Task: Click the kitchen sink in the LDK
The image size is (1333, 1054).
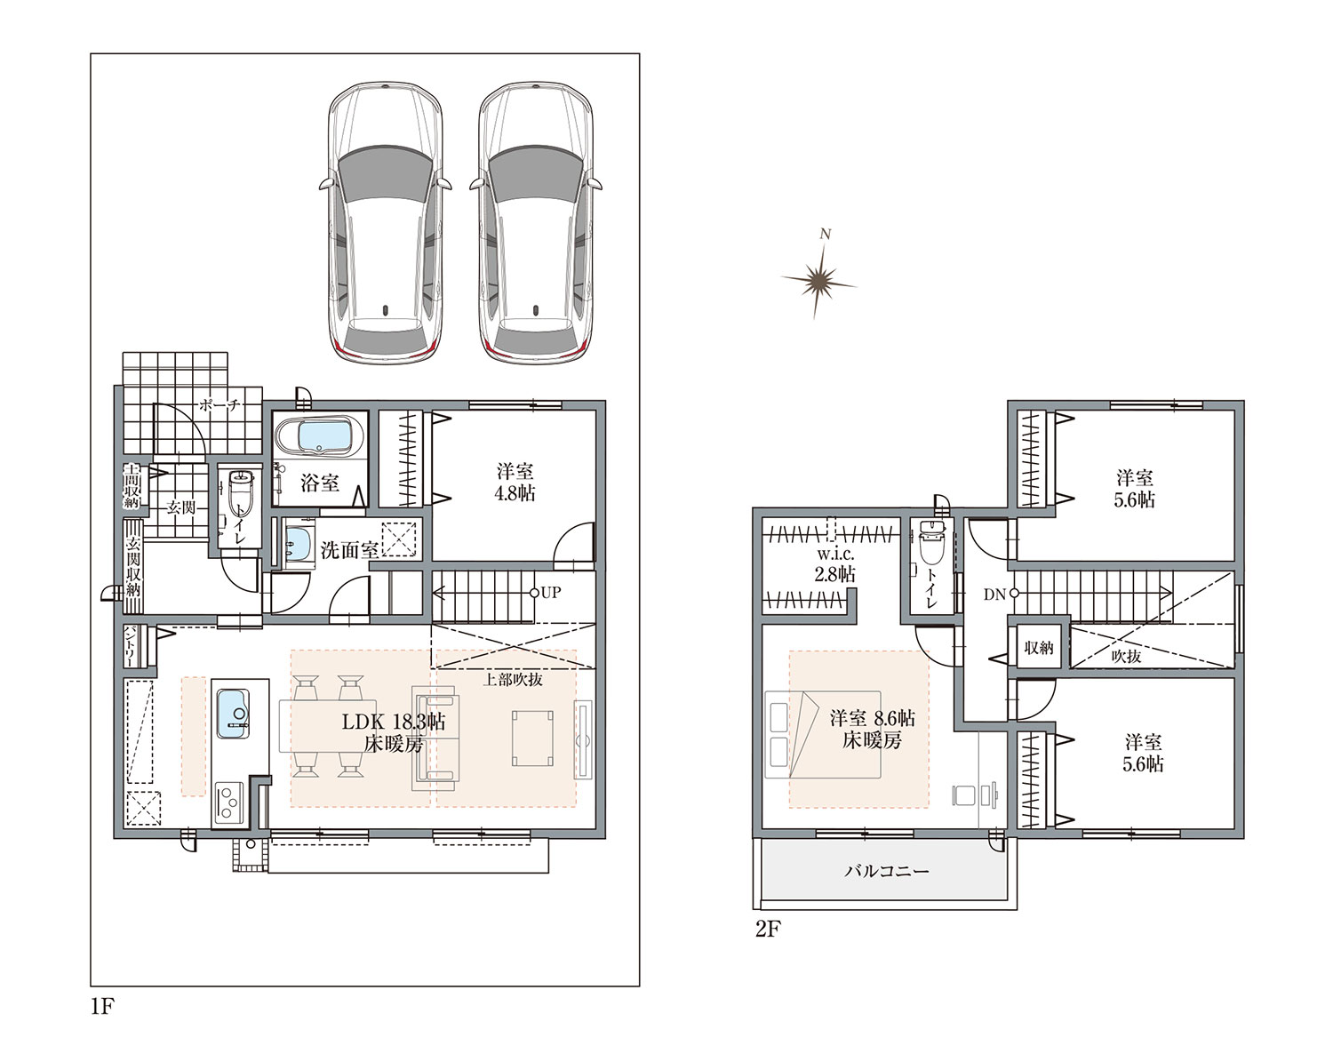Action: (233, 714)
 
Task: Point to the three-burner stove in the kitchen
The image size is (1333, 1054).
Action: (230, 803)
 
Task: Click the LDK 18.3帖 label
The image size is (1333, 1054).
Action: (394, 722)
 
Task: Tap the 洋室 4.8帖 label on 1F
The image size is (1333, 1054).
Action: (515, 482)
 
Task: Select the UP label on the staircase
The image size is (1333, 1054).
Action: (551, 593)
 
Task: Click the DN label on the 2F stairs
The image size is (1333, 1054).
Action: (994, 595)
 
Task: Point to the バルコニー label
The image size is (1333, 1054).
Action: (887, 871)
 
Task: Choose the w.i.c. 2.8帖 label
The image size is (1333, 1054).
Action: (835, 564)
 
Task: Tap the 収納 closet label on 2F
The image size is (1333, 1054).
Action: (1038, 648)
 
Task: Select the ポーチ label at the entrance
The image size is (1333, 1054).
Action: (220, 405)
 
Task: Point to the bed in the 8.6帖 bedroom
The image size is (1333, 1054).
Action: (823, 734)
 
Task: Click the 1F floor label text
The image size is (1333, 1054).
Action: (103, 1007)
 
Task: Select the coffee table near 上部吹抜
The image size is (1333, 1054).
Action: (532, 739)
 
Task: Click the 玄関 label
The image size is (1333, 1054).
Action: (181, 507)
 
